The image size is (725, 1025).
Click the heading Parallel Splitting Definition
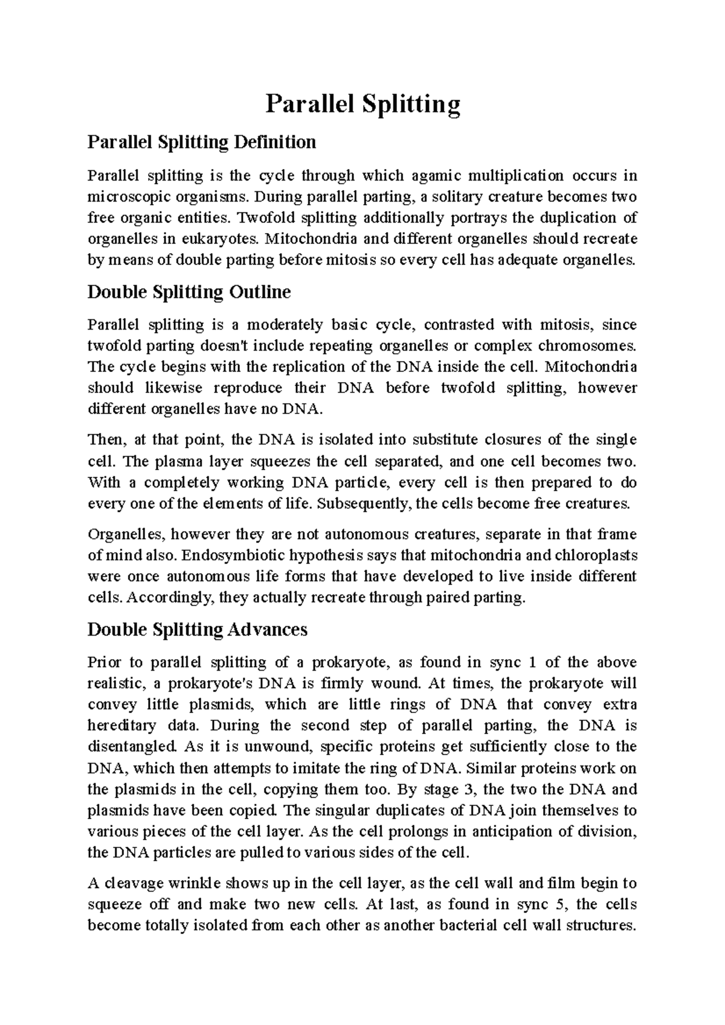[x=202, y=142]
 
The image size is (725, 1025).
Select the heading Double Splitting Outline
[x=189, y=292]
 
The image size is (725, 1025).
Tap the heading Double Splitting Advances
[x=198, y=630]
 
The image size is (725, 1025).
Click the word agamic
[x=436, y=176]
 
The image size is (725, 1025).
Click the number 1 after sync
[x=532, y=662]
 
